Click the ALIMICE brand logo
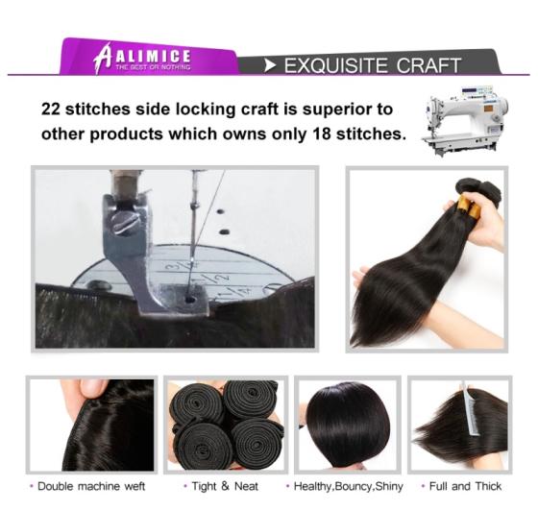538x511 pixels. [x=142, y=58]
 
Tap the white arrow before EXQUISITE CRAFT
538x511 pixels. [x=270, y=65]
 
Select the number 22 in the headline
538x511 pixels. [x=50, y=109]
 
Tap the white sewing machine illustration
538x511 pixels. [x=465, y=121]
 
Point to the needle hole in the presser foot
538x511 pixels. [x=189, y=300]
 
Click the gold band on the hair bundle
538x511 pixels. [x=468, y=205]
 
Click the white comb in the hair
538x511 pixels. [x=470, y=410]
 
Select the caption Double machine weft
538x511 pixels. [x=91, y=486]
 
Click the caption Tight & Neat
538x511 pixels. [x=225, y=486]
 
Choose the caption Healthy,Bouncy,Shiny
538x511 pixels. [x=348, y=486]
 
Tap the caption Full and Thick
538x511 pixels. [x=465, y=486]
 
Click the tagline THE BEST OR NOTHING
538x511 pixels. [x=153, y=67]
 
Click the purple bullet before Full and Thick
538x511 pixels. [x=423, y=486]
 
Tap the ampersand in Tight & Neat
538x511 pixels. [x=225, y=486]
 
